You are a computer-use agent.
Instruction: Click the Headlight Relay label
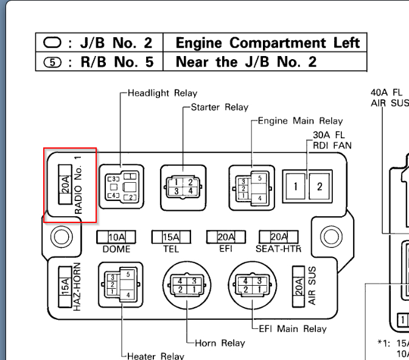(x=163, y=93)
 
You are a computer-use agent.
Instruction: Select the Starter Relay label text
(x=220, y=107)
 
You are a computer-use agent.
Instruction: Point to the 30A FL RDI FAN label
(x=332, y=140)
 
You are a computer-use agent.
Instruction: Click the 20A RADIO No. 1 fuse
(x=66, y=183)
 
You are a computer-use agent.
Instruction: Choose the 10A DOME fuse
(x=117, y=237)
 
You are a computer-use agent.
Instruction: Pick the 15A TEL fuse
(x=171, y=237)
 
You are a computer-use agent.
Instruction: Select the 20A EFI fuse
(x=226, y=237)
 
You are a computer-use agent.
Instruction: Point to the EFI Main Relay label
(x=293, y=329)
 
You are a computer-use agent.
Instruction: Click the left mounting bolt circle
(x=60, y=236)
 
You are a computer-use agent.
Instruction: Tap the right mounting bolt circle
(x=330, y=236)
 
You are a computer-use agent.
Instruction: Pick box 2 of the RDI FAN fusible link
(x=319, y=186)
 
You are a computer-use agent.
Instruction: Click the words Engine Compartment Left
(x=268, y=43)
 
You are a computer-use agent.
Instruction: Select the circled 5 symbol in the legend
(x=53, y=62)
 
